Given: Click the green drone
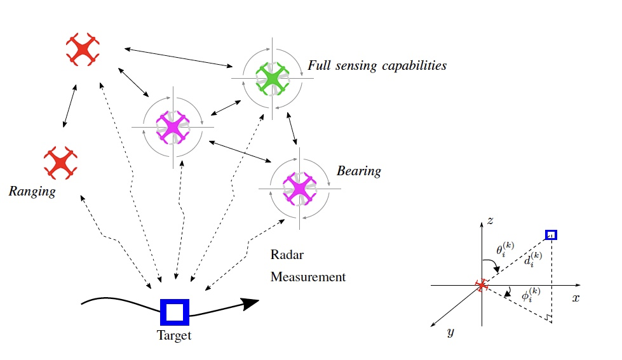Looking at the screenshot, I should [x=273, y=79].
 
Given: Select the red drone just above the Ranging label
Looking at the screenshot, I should [x=60, y=162].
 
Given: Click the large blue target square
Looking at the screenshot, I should [x=174, y=312].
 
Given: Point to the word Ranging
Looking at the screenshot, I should [x=32, y=191].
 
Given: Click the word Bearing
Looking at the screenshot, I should [x=358, y=171].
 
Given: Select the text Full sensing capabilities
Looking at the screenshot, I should [x=377, y=65].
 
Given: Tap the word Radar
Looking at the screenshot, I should [x=287, y=255].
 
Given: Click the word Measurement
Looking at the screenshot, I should [x=308, y=277].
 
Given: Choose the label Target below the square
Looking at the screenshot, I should [x=174, y=336].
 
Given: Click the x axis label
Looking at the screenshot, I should [x=576, y=297].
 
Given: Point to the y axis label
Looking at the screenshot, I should [x=450, y=331].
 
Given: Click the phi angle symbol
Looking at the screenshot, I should [x=530, y=295].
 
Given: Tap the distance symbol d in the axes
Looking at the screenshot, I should [x=532, y=259].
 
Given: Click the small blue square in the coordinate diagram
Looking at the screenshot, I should [x=551, y=236].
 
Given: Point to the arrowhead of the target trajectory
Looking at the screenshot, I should [x=252, y=302].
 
